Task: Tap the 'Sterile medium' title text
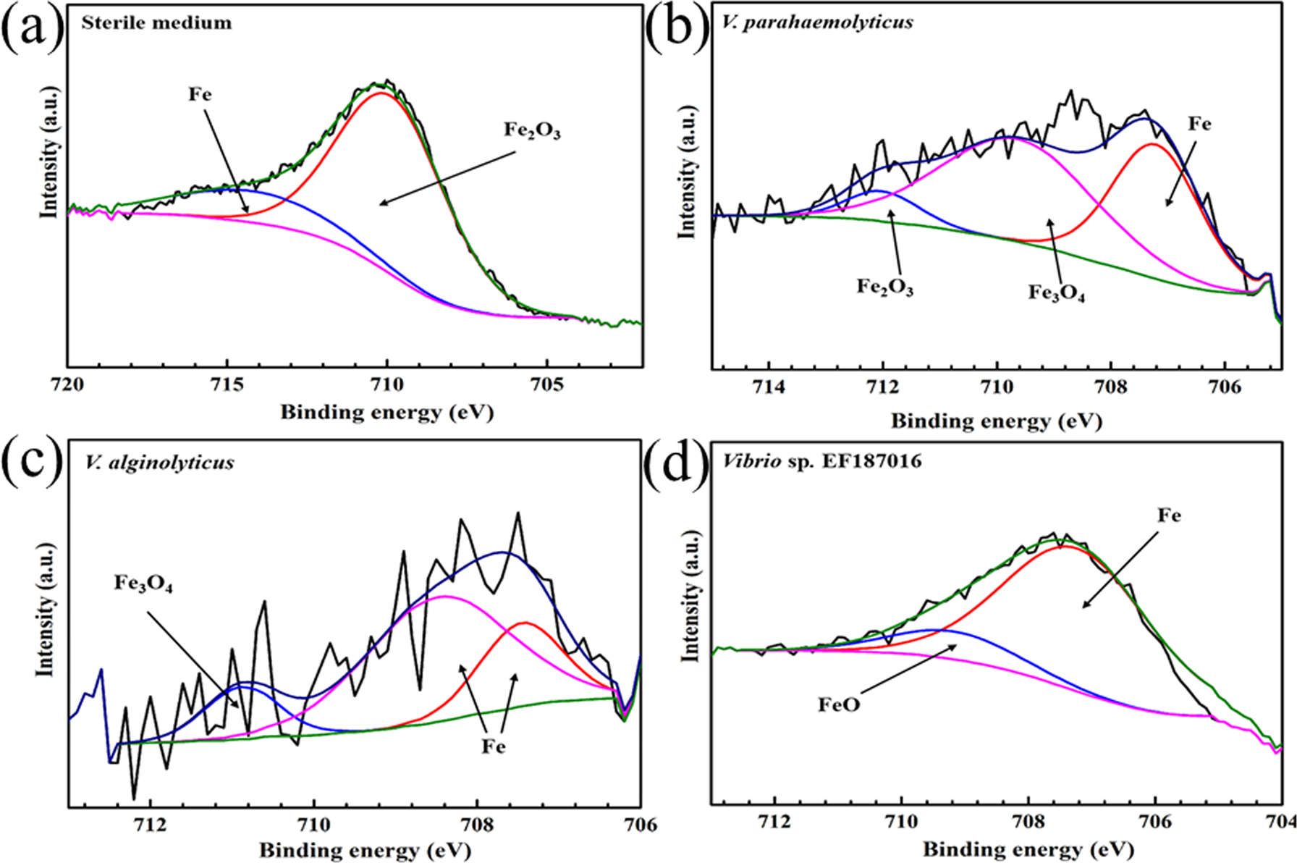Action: coord(156,23)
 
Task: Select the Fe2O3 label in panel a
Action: coord(532,131)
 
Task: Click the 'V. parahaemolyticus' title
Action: coord(817,22)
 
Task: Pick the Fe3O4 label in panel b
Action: coord(1056,293)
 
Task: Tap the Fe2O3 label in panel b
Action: coord(884,287)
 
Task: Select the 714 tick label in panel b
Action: coord(769,387)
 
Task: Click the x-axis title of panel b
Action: coord(996,421)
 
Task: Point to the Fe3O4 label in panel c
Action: coord(143,584)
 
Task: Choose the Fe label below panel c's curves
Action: coord(494,747)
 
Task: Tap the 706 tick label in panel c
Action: coord(640,824)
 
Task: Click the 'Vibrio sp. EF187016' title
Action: coord(822,460)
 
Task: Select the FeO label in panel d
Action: coord(839,704)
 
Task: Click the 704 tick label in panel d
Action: coord(1282,822)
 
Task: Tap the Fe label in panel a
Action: coord(200,95)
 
